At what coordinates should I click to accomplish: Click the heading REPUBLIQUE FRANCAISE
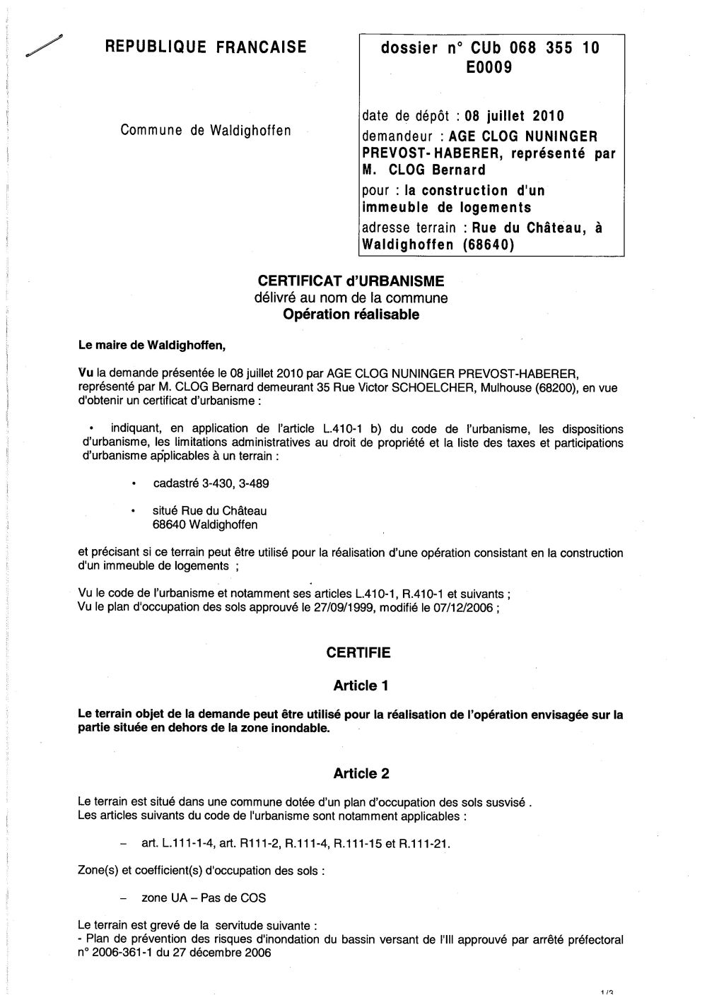point(206,47)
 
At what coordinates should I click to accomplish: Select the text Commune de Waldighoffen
point(206,130)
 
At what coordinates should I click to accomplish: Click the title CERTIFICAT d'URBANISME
point(351,281)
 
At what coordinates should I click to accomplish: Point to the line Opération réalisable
point(351,315)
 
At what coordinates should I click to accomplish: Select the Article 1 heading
point(361,686)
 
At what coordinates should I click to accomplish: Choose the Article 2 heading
point(361,774)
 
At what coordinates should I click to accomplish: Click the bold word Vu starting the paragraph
point(86,372)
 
